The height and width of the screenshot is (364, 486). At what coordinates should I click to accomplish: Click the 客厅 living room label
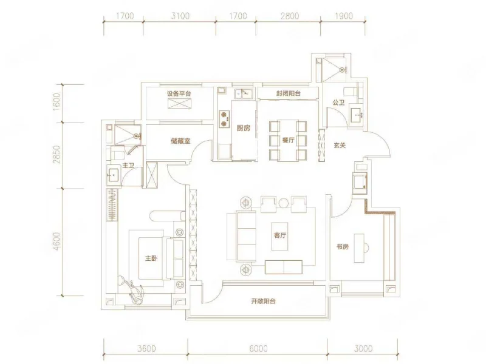click(280, 235)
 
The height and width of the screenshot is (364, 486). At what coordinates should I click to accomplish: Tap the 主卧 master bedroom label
click(151, 258)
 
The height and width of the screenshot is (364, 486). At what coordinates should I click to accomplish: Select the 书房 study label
click(343, 247)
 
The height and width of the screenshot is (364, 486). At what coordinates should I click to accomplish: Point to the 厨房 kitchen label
click(243, 128)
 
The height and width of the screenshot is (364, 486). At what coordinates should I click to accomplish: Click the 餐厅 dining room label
click(288, 140)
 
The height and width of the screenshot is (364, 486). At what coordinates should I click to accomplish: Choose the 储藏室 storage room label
click(180, 141)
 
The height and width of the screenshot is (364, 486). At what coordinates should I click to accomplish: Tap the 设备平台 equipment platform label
click(179, 94)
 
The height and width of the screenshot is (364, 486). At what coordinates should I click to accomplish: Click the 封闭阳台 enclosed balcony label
click(288, 93)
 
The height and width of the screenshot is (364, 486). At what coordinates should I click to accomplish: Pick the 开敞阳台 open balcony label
click(263, 301)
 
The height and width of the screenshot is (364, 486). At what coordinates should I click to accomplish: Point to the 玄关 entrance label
click(340, 145)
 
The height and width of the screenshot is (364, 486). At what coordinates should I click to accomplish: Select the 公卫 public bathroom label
click(338, 102)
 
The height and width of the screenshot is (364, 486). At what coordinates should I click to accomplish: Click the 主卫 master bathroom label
click(128, 166)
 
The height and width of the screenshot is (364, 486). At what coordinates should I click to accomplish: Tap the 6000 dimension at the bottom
click(259, 349)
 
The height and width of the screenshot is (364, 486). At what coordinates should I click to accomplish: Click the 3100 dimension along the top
click(180, 16)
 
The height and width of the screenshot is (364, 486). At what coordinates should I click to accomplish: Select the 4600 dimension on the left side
click(56, 241)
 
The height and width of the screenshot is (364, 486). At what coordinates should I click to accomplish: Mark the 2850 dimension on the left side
click(56, 155)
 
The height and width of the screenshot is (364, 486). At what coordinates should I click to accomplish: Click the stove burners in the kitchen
click(224, 119)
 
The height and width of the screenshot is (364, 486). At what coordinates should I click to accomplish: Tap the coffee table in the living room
click(279, 236)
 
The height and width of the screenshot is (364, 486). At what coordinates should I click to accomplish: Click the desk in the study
click(359, 248)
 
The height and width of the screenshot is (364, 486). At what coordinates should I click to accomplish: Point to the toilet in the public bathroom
click(351, 92)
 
